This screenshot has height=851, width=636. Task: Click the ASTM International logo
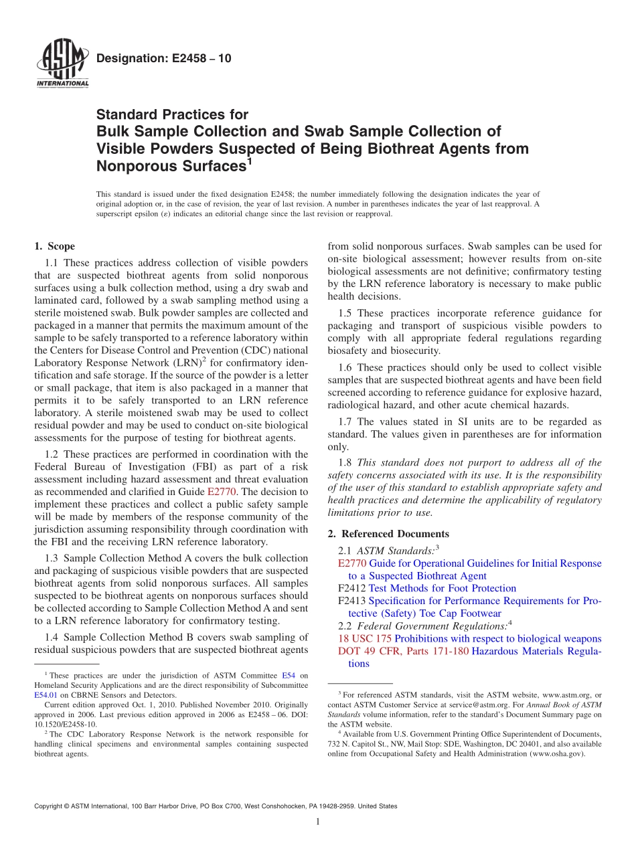pos(62,64)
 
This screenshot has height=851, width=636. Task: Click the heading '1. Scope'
pos(55,246)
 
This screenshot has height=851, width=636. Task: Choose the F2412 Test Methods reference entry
pos(427,588)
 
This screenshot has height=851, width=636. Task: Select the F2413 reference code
pos(352,601)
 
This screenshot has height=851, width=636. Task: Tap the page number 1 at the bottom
pos(318,822)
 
